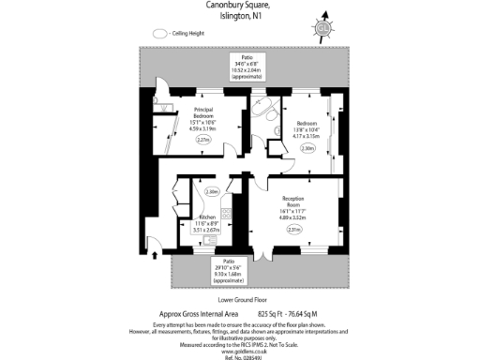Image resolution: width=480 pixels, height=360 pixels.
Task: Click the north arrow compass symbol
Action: pos(324,25)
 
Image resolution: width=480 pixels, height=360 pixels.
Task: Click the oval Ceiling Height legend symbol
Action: pos(158,33)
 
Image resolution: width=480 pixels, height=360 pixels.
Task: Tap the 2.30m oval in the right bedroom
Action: pos(308,148)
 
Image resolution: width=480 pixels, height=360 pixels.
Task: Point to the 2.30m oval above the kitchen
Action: pos(212,191)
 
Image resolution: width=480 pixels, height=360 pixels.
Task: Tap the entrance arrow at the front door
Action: pos(155,247)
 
